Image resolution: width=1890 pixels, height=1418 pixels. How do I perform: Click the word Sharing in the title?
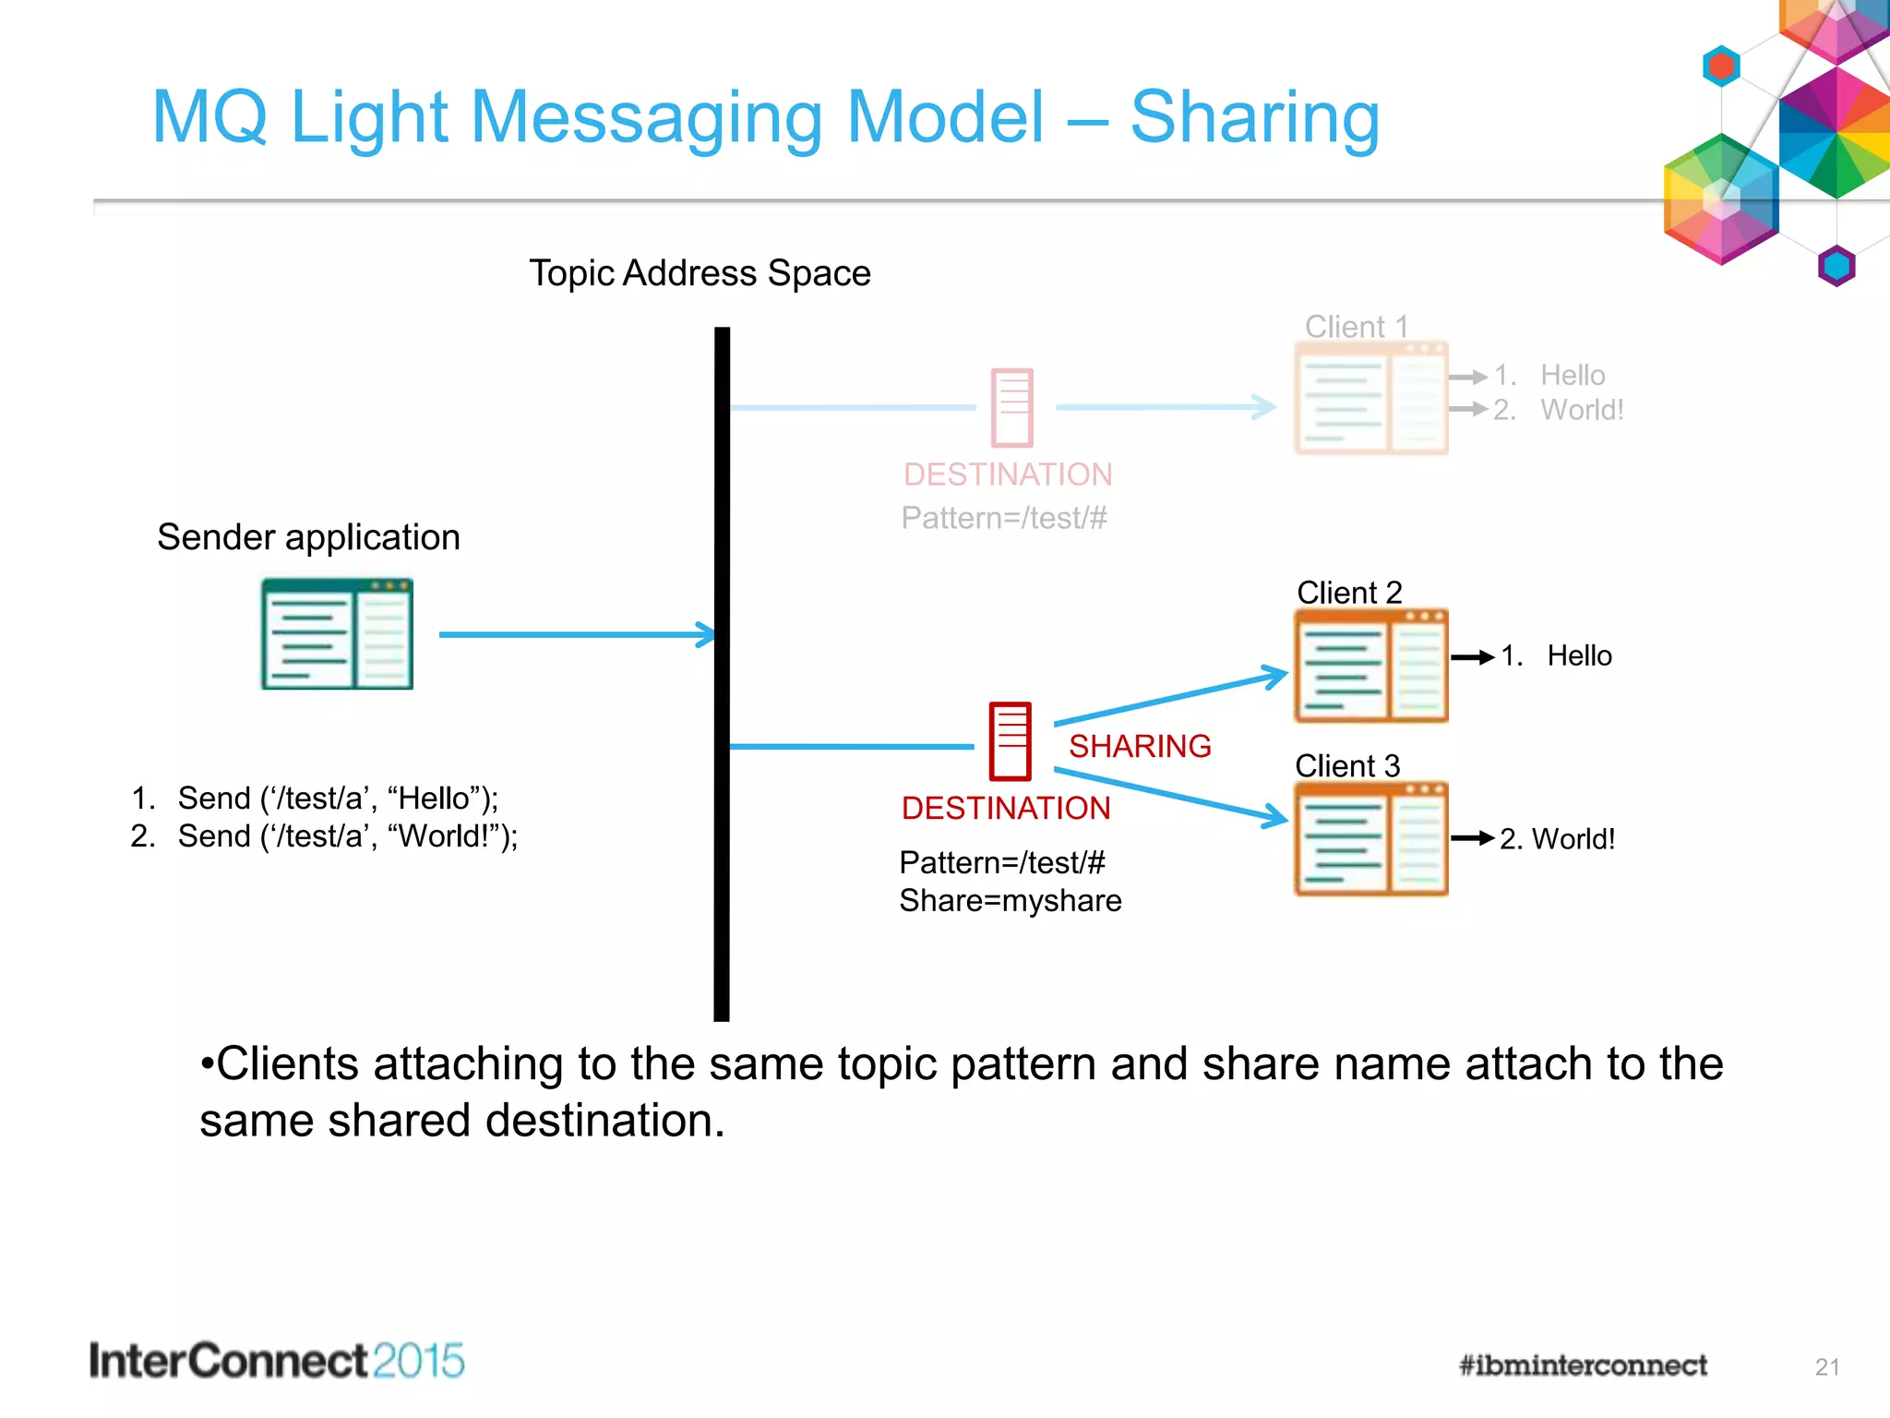[1254, 117]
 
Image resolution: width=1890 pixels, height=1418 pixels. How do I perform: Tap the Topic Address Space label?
[700, 273]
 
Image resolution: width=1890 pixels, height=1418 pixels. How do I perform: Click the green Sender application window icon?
[337, 634]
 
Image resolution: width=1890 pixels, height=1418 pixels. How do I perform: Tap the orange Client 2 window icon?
[1371, 666]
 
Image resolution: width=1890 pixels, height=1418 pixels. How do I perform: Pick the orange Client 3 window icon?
[1371, 838]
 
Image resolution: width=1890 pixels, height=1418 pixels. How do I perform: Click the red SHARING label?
[1140, 746]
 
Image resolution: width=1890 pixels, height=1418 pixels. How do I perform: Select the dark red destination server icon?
[1010, 741]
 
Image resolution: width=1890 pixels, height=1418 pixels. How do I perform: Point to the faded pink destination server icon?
[1011, 407]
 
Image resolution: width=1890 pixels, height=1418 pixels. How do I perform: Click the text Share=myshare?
[1010, 900]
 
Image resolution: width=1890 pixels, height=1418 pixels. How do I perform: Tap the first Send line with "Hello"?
[337, 798]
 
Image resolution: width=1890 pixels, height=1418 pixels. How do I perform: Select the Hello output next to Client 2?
[1578, 656]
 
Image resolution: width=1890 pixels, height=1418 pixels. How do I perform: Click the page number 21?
[1826, 1367]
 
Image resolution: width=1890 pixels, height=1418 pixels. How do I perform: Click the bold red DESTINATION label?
[1006, 809]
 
